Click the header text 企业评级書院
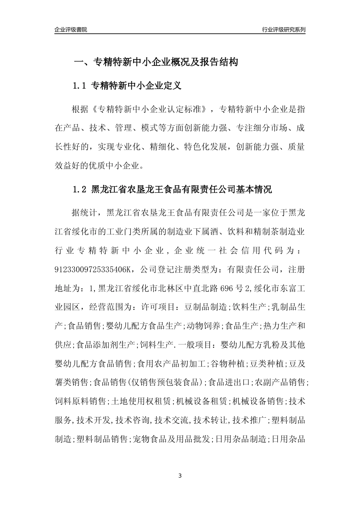71,30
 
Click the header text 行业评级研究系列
283,30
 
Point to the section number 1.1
80,86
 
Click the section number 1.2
80,190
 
